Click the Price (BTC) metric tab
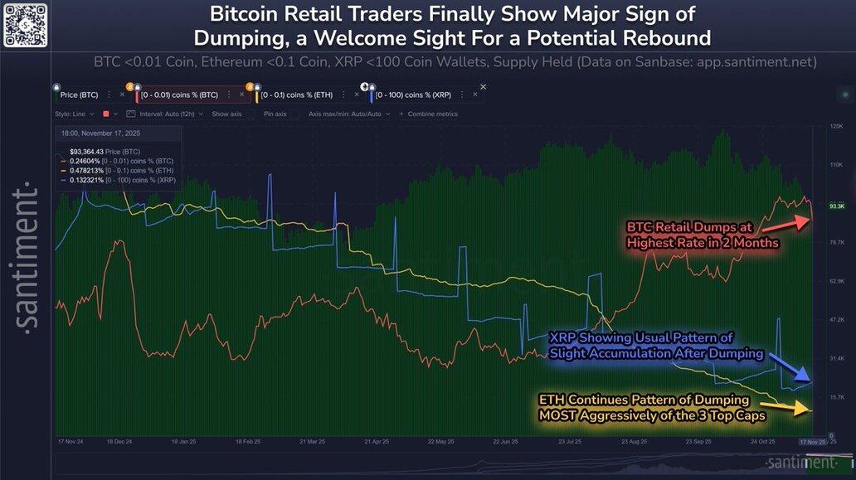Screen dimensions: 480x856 80,95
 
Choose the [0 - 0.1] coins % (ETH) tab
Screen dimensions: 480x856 300,95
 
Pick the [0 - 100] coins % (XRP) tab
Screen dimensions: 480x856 417,95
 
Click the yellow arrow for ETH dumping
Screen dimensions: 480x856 791,408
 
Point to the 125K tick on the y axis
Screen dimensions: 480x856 836,126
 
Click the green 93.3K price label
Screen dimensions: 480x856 836,206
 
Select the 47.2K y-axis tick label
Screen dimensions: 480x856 836,319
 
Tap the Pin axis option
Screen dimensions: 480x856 275,114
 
